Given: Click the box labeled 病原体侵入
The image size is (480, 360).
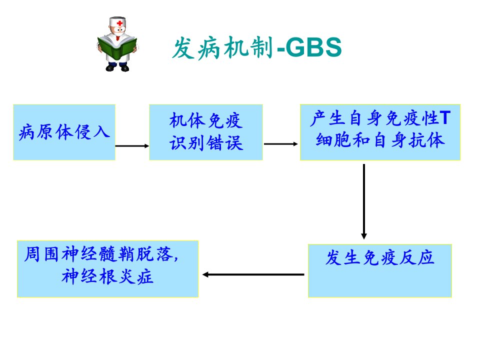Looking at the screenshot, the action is click(64, 132).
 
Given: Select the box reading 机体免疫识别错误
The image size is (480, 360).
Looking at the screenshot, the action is click(206, 132).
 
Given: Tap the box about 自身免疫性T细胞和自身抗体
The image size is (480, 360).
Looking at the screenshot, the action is click(380, 132).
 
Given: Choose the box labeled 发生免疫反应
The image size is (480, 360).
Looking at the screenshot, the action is click(380, 270).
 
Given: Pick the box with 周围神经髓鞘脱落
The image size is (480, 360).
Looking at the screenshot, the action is click(108, 269).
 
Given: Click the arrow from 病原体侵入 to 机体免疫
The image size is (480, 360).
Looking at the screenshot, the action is click(132, 146).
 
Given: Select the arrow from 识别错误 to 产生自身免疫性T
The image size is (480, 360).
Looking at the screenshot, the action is click(280, 144).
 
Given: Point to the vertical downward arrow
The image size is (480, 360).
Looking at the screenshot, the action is click(364, 201).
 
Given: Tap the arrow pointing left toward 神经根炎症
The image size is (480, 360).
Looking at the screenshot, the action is click(253, 274).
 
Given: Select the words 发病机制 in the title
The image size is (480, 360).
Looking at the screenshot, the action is click(222, 48).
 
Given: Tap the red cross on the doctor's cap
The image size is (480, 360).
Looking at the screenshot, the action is click(119, 23).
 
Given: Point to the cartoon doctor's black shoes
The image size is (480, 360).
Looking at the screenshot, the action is click(117, 67).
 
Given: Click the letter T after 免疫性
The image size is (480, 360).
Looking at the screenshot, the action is click(445, 118).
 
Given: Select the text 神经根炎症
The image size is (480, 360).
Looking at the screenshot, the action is click(107, 276).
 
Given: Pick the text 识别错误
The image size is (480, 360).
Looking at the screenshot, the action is click(206, 143).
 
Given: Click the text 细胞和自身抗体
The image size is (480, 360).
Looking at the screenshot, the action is click(380, 140).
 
